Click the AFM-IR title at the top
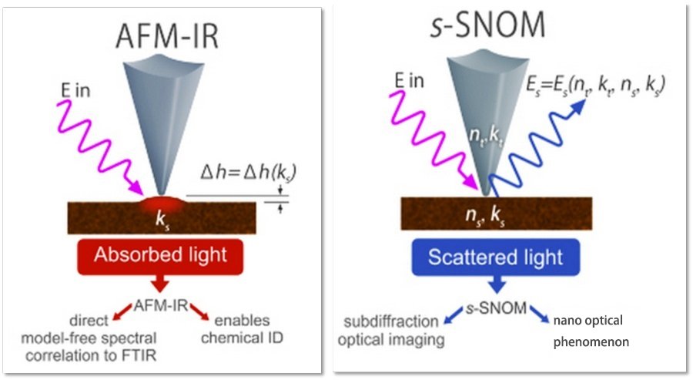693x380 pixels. pyautogui.click(x=167, y=35)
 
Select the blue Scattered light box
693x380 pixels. pyautogui.click(x=495, y=257)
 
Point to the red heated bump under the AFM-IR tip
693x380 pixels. pyautogui.click(x=162, y=204)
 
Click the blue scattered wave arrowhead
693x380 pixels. pyautogui.click(x=578, y=106)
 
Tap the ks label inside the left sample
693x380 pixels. pyautogui.click(x=162, y=220)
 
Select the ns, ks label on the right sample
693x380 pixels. pyautogui.click(x=485, y=216)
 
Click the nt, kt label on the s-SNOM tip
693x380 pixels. pyautogui.click(x=486, y=136)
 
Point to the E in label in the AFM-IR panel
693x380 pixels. pyautogui.click(x=75, y=91)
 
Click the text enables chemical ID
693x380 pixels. pyautogui.click(x=242, y=329)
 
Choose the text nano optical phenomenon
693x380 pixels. pyautogui.click(x=591, y=331)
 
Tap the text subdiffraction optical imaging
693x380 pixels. pyautogui.click(x=391, y=331)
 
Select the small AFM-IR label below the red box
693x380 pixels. pyautogui.click(x=160, y=305)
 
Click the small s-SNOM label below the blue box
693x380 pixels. pyautogui.click(x=496, y=308)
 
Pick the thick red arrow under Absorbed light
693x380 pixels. pyautogui.click(x=160, y=283)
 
